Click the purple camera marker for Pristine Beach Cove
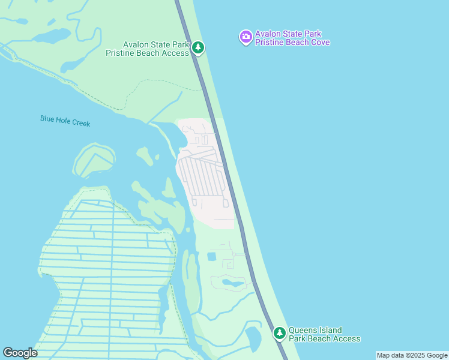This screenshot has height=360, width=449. coord(246,37)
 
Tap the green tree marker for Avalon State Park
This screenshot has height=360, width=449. coord(198,47)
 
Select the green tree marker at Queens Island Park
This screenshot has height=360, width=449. coord(279,332)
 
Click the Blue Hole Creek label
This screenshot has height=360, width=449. coord(65,121)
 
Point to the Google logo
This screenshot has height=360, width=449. coord(20,353)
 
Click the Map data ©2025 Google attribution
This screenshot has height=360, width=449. coord(412,355)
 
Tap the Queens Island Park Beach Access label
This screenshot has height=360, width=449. coord(324,334)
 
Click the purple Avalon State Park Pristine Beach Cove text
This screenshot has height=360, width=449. coord(292,38)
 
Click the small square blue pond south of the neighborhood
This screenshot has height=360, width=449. coord(211,257)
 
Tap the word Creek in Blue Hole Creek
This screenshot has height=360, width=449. coord(80,122)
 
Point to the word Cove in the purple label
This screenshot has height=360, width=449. coord(319,42)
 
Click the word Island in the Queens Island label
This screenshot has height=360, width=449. coord(330,330)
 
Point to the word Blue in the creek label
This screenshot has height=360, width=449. coord(47,119)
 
